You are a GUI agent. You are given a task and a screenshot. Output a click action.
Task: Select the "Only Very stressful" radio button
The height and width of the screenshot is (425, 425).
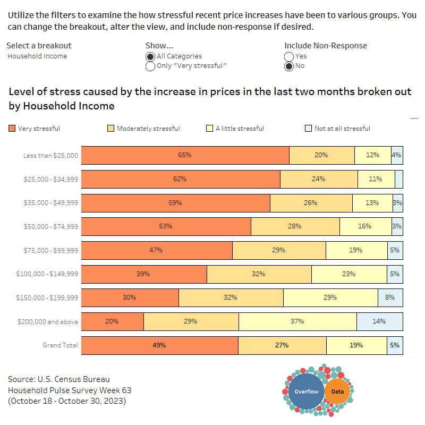click(150, 66)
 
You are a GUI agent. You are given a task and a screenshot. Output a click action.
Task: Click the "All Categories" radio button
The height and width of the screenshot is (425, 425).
click(150, 56)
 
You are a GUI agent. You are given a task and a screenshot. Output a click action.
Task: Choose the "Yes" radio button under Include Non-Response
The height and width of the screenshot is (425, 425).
click(289, 56)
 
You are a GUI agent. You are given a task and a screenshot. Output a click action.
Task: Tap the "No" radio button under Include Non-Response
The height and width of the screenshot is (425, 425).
click(289, 66)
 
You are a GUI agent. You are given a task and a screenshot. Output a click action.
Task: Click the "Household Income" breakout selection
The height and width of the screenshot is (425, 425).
click(37, 56)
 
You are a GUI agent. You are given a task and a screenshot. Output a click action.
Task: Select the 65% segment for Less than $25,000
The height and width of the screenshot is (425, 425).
click(185, 155)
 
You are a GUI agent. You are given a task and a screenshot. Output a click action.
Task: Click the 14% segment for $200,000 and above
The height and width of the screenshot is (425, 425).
click(379, 321)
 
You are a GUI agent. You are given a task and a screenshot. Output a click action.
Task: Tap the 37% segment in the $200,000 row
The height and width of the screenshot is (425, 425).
click(297, 321)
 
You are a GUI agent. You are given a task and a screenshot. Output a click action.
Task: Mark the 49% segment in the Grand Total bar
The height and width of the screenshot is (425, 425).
click(159, 345)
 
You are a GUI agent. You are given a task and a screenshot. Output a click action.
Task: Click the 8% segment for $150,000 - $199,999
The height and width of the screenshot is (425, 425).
click(390, 297)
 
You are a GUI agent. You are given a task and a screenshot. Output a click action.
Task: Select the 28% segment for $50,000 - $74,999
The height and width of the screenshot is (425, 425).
click(295, 226)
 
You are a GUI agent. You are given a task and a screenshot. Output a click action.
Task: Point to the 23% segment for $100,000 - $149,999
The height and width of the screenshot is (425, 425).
click(349, 274)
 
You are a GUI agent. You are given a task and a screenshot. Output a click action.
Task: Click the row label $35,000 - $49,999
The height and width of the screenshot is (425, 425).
click(51, 203)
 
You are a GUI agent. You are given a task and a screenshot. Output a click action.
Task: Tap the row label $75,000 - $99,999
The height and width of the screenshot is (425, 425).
click(51, 250)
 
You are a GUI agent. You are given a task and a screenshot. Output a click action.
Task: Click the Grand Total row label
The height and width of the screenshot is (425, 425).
click(60, 345)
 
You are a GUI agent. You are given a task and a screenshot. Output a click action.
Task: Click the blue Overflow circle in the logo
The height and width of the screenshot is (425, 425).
click(307, 392)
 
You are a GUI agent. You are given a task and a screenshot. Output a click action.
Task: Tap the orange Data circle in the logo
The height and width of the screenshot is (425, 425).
click(337, 392)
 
